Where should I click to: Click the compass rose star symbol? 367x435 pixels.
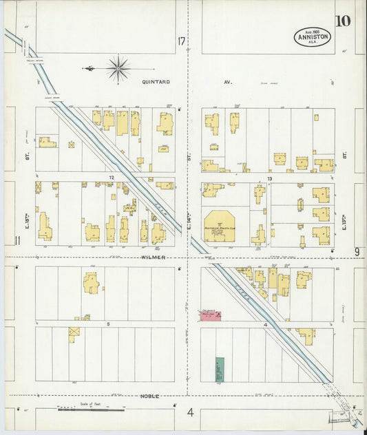[118, 68]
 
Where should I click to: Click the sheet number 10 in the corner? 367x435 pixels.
[343, 20]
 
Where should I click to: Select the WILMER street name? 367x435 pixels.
[155, 257]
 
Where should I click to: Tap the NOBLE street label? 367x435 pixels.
[150, 396]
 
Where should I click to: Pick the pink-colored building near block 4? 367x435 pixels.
[211, 315]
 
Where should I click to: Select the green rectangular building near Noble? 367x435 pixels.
[220, 370]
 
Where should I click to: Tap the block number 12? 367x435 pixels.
[110, 178]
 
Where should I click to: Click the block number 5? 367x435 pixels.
[108, 323]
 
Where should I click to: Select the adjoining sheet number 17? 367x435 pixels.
[181, 42]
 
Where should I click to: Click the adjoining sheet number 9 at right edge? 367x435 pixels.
[357, 252]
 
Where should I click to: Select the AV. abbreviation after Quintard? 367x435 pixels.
[228, 81]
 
